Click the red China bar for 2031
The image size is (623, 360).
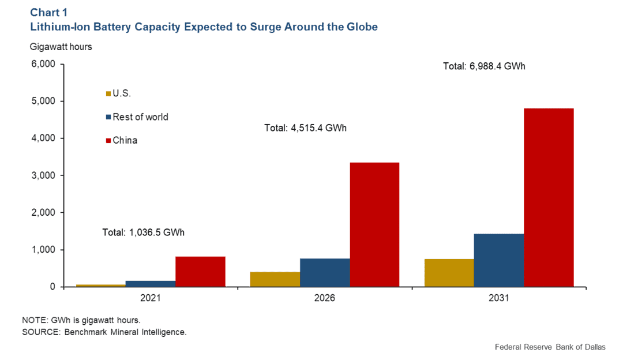549,197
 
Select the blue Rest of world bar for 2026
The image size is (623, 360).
325,272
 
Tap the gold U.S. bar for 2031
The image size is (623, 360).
449,273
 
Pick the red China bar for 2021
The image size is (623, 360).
200,271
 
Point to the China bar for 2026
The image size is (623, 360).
374,224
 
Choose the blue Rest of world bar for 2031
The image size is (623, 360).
499,260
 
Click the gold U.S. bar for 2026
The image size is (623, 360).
275,279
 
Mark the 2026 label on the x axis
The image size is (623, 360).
325,299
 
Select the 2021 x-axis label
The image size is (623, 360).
150,299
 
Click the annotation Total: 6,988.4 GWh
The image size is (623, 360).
484,66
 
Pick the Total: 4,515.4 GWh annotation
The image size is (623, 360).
305,127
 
